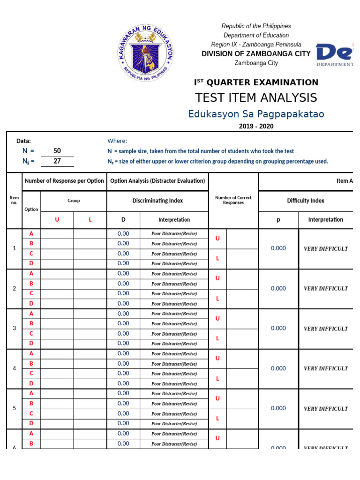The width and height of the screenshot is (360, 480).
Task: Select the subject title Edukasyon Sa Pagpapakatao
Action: coord(256,114)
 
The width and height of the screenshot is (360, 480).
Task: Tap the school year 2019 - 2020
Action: coord(256,126)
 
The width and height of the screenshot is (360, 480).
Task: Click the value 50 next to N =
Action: coord(57,151)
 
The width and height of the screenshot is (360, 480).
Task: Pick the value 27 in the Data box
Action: coord(57,161)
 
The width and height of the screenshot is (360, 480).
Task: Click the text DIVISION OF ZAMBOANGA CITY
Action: coord(256,54)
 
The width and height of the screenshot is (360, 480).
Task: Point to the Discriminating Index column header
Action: coord(157,201)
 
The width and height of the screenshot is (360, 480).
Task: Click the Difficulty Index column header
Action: coord(305,201)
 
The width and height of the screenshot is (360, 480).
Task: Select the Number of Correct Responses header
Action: coord(233,201)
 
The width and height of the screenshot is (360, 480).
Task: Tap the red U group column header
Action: coord(57,219)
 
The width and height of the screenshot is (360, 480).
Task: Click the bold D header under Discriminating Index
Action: coord(123,219)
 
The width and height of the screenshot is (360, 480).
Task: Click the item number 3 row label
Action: coord(15,329)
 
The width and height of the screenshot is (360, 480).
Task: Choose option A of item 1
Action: coord(31,233)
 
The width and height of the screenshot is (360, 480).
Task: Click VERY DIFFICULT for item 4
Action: coord(326,368)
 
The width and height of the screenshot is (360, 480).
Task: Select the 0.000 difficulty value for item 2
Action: coord(278,288)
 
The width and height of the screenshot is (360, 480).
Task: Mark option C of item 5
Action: coord(31,413)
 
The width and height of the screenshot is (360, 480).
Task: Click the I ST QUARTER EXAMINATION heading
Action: coord(256,82)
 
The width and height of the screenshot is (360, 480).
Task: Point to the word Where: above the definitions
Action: coord(117,141)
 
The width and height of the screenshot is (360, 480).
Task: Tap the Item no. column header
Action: coord(15,201)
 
